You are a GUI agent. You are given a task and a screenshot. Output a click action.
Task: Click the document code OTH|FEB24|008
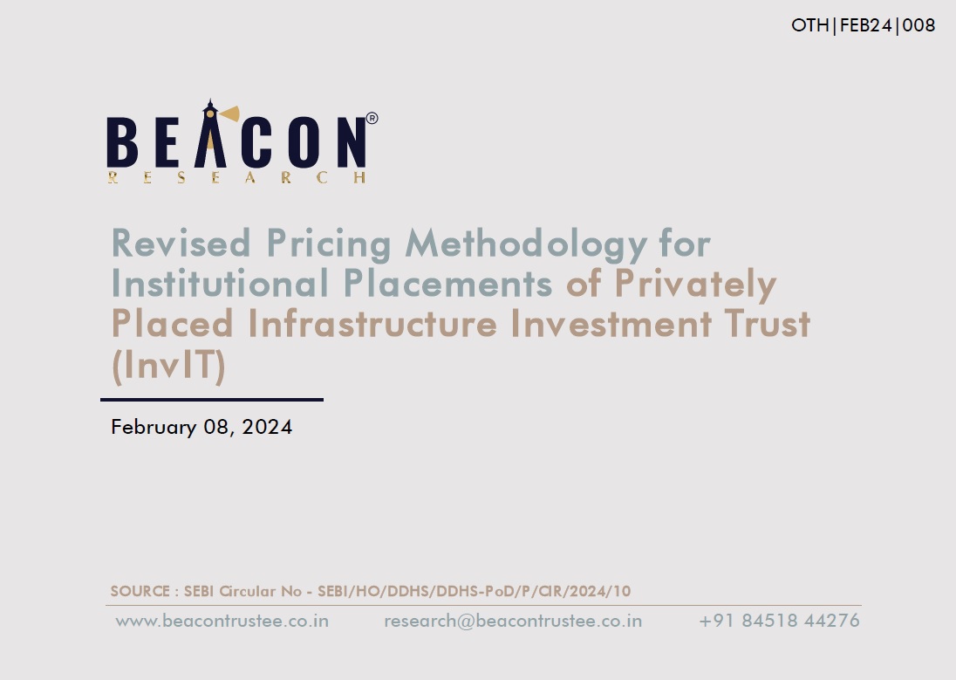863,25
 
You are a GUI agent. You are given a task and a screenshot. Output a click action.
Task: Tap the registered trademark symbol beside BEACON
372,118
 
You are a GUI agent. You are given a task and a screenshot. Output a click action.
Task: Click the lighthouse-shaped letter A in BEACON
210,134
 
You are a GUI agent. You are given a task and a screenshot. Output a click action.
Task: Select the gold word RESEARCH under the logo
236,177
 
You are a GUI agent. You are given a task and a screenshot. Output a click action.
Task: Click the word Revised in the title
181,243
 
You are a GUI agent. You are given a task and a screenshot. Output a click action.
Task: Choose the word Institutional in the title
220,283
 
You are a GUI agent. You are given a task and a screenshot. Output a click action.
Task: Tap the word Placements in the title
447,283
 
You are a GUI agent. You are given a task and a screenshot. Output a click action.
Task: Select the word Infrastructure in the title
372,324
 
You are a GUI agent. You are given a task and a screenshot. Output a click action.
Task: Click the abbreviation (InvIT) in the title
169,365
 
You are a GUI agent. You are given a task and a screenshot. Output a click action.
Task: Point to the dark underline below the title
212,400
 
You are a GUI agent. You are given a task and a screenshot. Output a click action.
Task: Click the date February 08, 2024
201,427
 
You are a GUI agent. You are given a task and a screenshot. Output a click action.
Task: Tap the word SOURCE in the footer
140,591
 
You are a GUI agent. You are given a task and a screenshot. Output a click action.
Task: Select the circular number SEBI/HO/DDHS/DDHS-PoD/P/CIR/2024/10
475,591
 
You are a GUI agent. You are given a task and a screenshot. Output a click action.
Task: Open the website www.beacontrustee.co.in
222,621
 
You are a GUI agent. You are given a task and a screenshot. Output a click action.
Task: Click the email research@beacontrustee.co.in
513,621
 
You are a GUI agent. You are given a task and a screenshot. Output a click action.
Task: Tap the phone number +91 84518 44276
779,621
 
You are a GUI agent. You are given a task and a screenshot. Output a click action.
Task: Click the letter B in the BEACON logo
122,143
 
